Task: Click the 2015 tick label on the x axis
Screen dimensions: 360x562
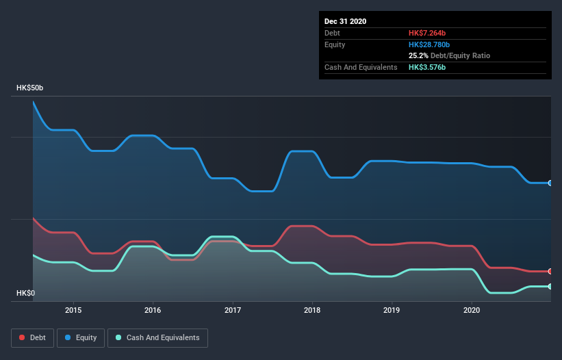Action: (x=73, y=310)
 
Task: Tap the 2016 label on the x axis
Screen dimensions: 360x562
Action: (x=153, y=310)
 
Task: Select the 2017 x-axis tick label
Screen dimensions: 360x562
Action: (x=233, y=310)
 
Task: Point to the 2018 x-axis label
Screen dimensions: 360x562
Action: (x=312, y=310)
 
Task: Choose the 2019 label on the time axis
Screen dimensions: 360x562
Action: (x=392, y=310)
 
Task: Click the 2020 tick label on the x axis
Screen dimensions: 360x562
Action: (x=472, y=310)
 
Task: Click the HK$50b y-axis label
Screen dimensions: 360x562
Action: (x=30, y=88)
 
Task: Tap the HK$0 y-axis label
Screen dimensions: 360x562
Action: (x=27, y=293)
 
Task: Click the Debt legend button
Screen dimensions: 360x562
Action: (x=31, y=337)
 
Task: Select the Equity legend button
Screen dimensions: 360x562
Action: (x=81, y=337)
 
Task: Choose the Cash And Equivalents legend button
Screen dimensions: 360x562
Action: (x=157, y=337)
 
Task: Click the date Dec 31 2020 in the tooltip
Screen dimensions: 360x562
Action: (x=346, y=21)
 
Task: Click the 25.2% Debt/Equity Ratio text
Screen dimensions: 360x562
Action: (x=449, y=55)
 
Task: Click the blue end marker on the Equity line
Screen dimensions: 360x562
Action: (x=550, y=183)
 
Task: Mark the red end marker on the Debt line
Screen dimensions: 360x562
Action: (x=550, y=272)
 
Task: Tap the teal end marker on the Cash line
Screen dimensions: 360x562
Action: (x=550, y=286)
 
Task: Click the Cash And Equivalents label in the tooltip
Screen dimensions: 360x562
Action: (x=361, y=67)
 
